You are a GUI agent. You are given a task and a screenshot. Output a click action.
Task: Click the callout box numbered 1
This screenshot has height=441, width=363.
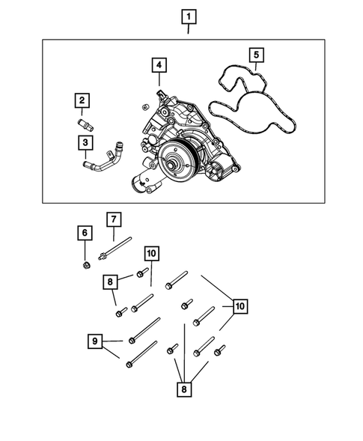(x=188, y=15)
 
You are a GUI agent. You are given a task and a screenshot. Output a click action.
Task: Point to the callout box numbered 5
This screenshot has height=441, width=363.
(x=255, y=55)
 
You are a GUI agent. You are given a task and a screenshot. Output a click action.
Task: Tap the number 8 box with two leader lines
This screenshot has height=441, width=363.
(x=111, y=282)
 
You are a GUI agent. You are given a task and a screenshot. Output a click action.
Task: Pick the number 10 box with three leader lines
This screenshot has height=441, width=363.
(x=240, y=306)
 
